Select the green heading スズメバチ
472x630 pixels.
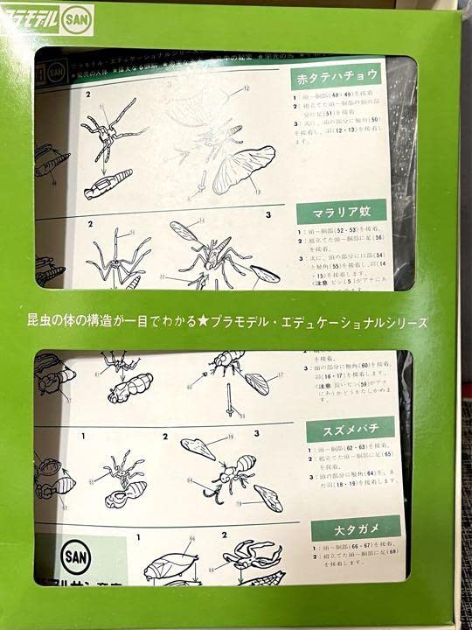coord(350,430)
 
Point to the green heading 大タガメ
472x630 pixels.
coord(355,527)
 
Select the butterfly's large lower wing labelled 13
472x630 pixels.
coord(244,171)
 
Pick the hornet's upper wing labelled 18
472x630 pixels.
coord(199,447)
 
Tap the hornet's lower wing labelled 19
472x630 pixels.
coord(268,497)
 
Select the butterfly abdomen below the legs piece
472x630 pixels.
coord(108,185)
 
